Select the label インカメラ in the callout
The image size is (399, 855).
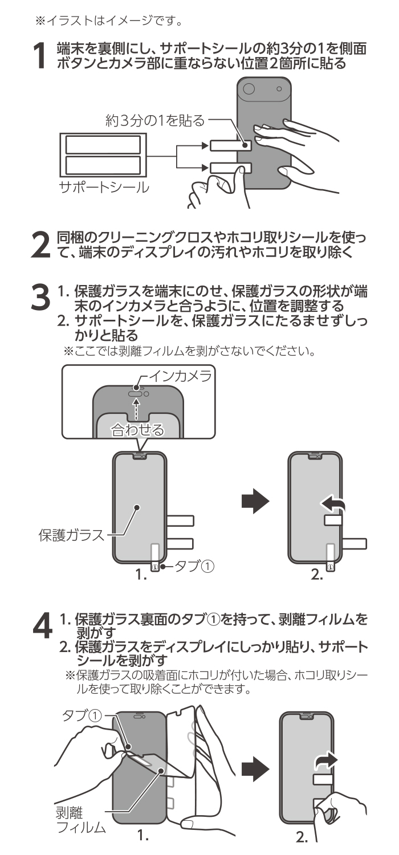[180, 377]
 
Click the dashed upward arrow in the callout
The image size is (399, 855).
[136, 409]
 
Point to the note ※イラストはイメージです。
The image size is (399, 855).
[109, 22]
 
